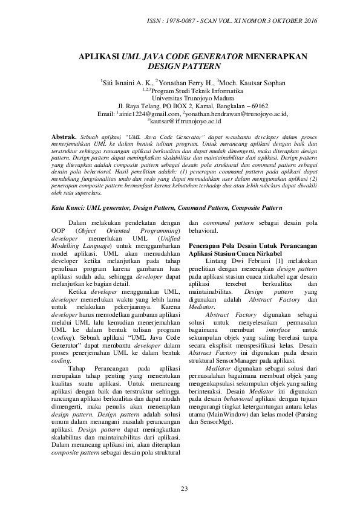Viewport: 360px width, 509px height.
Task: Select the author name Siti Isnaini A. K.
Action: coord(127,82)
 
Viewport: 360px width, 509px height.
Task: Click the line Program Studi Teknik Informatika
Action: coord(187,89)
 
